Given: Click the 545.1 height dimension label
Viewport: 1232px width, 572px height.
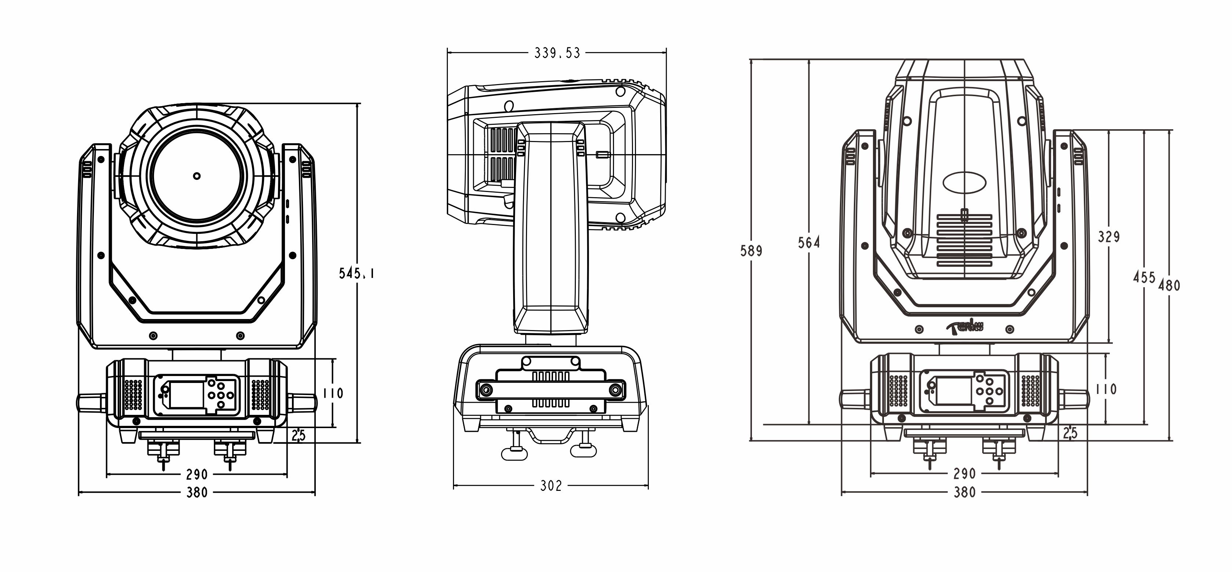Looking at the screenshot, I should [356, 273].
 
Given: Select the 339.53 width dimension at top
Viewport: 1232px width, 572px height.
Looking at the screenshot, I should [557, 53].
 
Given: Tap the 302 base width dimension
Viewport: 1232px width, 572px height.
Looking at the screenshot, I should [551, 486].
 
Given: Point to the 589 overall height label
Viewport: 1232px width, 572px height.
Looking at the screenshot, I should [751, 250].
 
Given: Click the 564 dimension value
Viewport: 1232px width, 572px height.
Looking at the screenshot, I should [808, 243].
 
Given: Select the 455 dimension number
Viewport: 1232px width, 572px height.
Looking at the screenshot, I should [1144, 277].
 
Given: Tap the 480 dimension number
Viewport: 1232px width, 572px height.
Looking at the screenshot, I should [1169, 285].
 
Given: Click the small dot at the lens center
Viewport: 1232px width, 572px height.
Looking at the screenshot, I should [197, 175].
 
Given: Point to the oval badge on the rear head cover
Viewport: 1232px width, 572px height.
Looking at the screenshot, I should [964, 182].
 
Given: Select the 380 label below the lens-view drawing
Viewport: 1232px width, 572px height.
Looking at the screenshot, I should [197, 492].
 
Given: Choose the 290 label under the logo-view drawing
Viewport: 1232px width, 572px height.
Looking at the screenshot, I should [964, 474].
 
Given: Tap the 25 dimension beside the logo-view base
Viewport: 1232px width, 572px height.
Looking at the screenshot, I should [1070, 433].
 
